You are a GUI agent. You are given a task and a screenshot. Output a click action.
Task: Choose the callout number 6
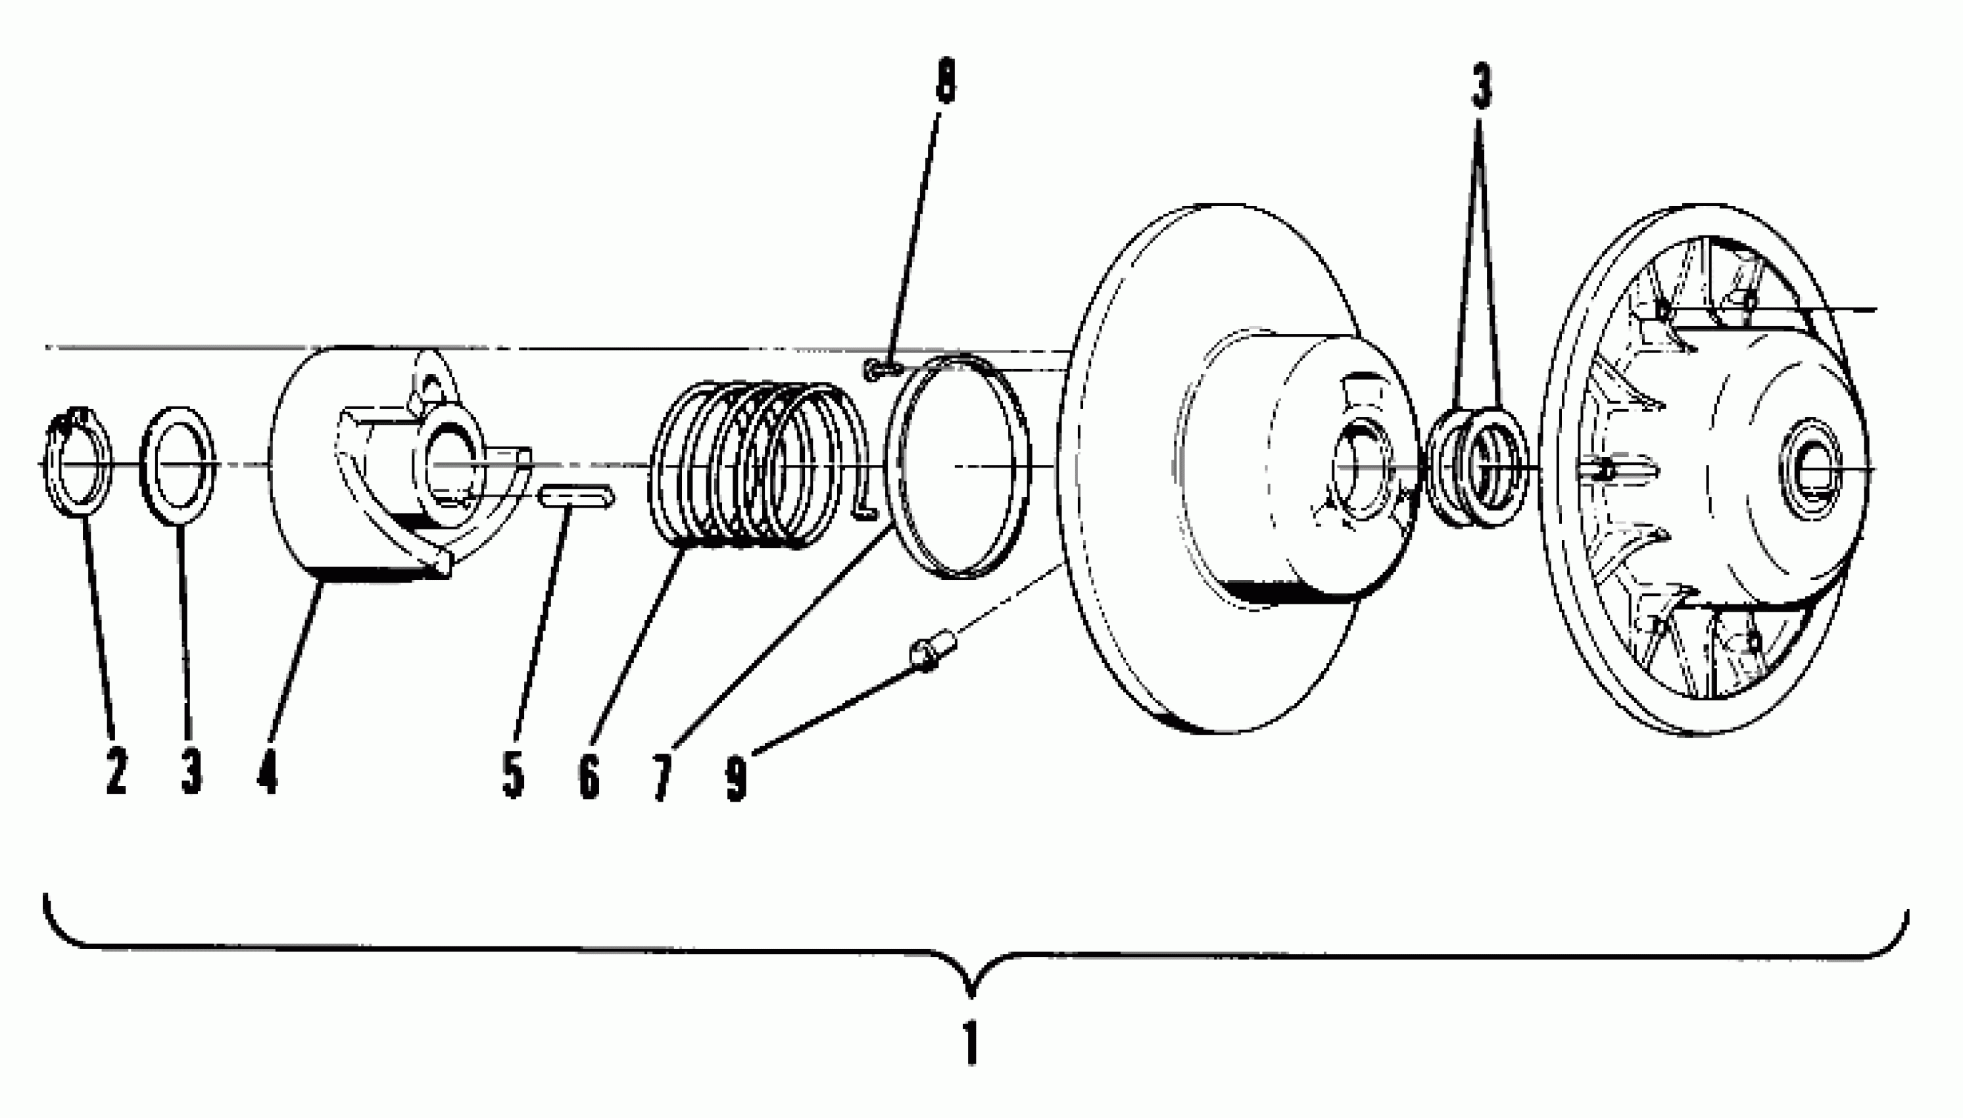tap(588, 775)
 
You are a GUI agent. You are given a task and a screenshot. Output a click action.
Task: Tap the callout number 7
tap(662, 777)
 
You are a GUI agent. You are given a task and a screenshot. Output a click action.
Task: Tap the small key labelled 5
tap(577, 498)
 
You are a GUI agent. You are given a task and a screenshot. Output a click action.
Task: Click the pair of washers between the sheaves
tap(1478, 468)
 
